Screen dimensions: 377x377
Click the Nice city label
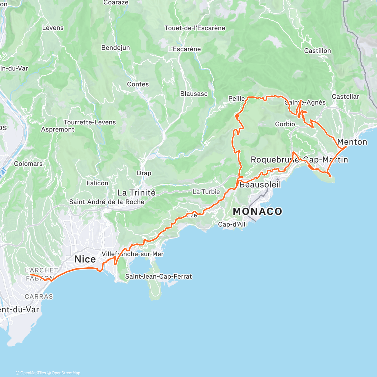click(85, 259)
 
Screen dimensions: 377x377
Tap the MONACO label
click(257, 211)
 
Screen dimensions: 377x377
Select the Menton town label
click(352, 142)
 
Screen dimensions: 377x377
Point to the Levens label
click(53, 28)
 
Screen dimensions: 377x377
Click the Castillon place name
click(317, 51)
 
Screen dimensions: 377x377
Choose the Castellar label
click(345, 96)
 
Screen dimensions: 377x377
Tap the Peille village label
click(236, 99)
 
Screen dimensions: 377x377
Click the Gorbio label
click(285, 124)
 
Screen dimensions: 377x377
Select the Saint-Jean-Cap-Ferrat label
click(158, 276)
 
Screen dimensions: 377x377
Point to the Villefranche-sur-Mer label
click(133, 254)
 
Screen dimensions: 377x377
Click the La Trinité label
click(136, 192)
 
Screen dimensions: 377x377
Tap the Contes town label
click(138, 84)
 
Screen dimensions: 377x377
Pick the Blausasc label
click(194, 94)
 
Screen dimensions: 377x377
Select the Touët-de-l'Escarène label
click(195, 28)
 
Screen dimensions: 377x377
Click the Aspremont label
click(58, 129)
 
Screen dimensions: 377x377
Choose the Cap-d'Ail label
click(232, 224)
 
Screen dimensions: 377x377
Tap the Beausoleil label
click(260, 184)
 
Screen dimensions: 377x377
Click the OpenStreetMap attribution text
click(66, 373)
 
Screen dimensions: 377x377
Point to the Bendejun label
click(115, 48)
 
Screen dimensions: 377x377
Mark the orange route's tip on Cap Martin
click(331, 177)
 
